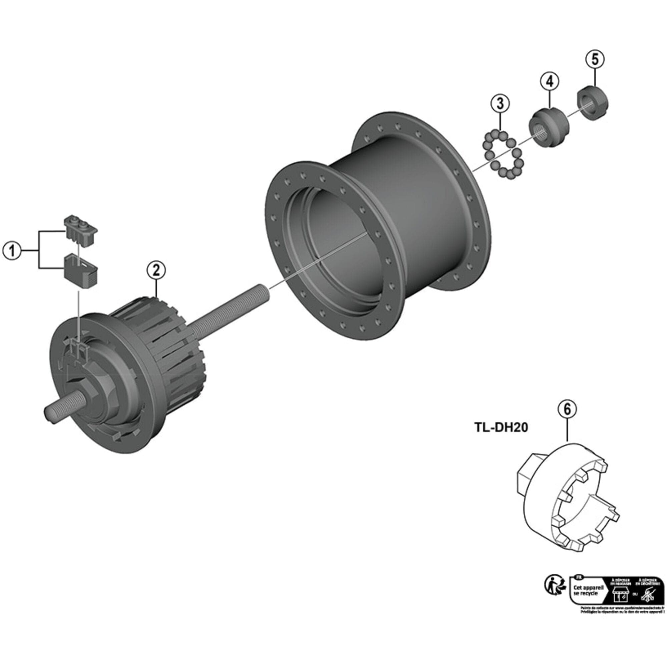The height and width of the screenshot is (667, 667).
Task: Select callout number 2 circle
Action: [156, 271]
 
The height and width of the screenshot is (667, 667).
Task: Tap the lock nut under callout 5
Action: [592, 104]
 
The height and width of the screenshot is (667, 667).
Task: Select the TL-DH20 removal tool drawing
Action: [570, 501]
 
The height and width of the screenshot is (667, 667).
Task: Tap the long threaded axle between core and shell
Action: [228, 307]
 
